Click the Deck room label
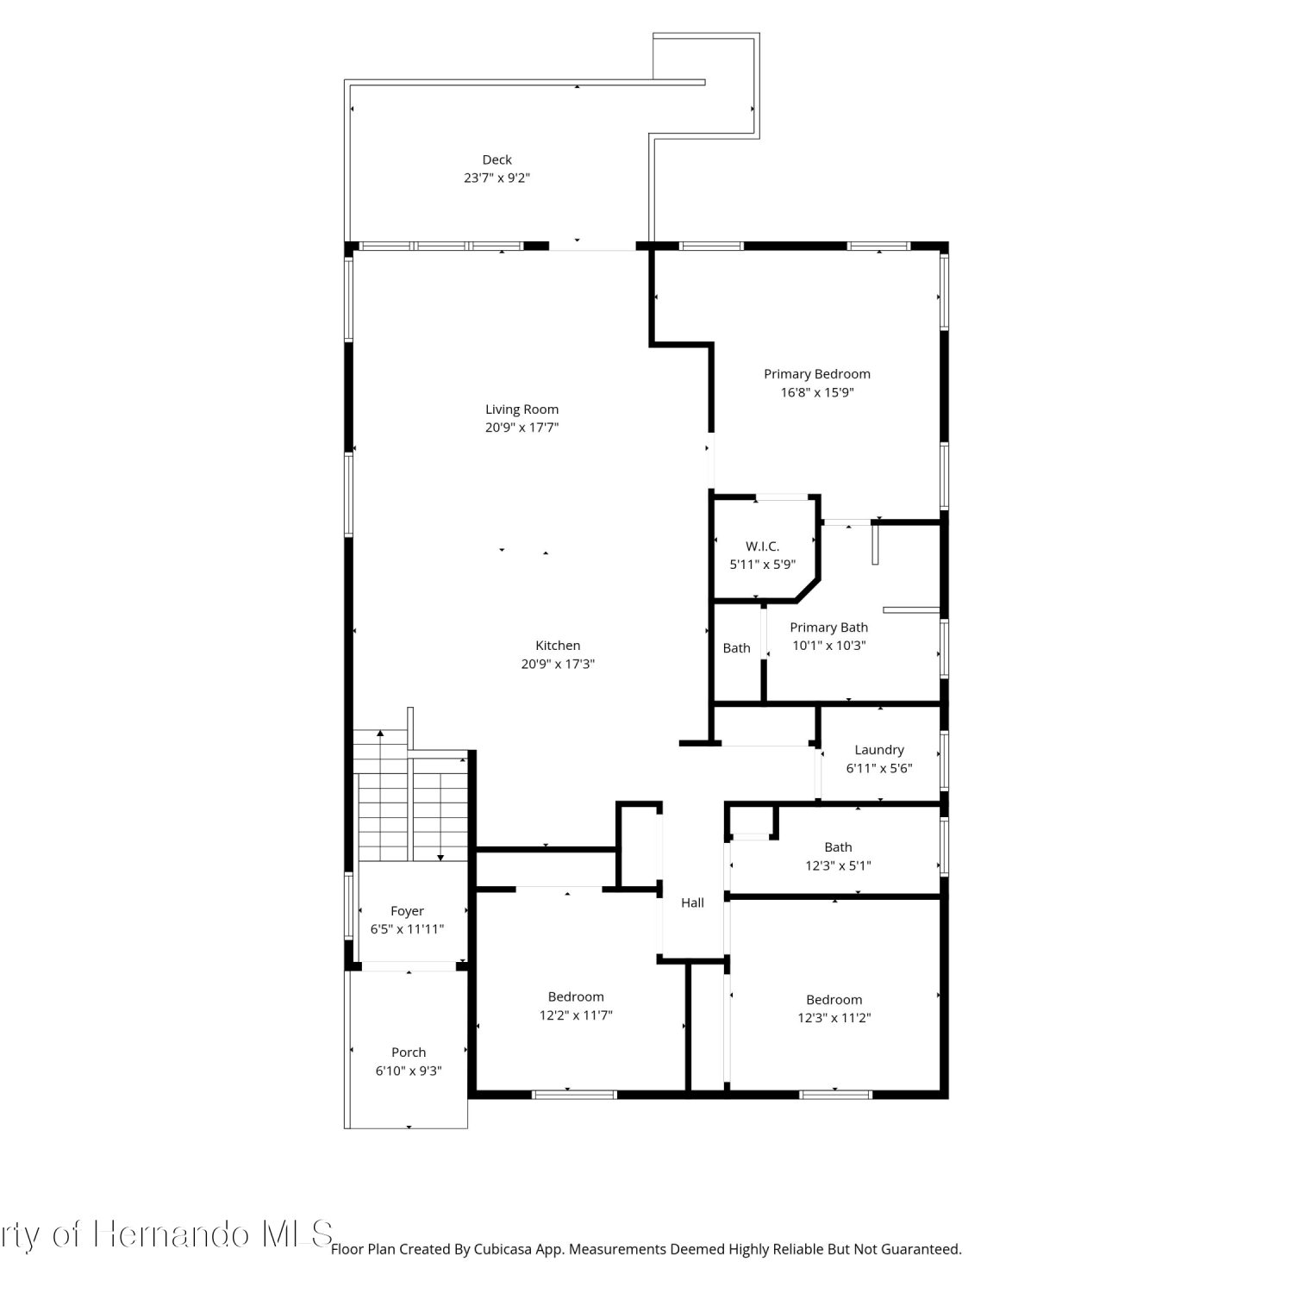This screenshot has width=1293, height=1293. pos(497,159)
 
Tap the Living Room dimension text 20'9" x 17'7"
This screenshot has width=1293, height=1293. pos(522,428)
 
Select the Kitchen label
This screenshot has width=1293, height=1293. pos(558,646)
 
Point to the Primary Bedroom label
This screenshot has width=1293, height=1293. pos(817,374)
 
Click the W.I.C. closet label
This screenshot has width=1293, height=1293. pos(762,547)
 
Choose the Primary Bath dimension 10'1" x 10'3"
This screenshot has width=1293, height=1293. pos(829,646)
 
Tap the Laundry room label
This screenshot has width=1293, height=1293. pos(879,751)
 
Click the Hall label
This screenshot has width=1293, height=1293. pos(692,903)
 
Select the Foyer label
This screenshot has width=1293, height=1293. pos(407,911)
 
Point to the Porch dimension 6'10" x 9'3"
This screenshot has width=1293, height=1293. pos(409,1071)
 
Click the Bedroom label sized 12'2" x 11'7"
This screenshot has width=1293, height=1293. pos(576,997)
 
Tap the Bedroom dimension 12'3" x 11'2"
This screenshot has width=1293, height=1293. pos(834,1018)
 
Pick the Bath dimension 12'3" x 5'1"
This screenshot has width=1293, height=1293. pos(838,865)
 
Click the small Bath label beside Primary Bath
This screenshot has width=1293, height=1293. pos(736,648)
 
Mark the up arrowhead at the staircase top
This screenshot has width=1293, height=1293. pos(380,734)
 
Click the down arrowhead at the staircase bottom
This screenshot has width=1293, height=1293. pos(440,858)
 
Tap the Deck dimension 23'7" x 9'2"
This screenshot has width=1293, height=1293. pos(497,178)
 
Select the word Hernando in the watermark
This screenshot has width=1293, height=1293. pos(172,1234)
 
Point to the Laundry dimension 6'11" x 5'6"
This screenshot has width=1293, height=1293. pos(879,769)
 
